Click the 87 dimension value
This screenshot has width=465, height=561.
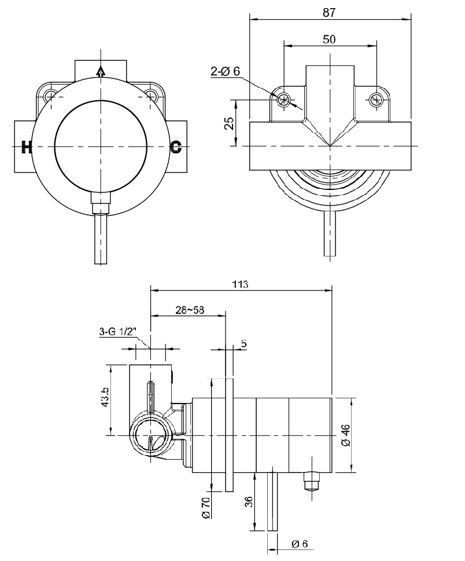329,13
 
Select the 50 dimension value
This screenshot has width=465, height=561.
329,39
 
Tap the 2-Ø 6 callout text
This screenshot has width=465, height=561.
226,71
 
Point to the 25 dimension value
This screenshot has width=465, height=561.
230,123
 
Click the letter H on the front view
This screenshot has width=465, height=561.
27,147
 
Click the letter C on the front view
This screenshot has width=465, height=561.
176,146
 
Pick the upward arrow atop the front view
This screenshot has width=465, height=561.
101,72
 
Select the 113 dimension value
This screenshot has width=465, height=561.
240,284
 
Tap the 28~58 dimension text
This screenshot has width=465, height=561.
190,310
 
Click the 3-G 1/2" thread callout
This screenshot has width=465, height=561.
119,331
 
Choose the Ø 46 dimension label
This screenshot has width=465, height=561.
346,435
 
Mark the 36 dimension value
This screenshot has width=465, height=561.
249,501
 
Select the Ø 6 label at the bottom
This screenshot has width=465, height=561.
300,544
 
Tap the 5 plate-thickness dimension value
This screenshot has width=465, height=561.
243,344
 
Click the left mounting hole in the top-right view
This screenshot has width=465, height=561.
285,99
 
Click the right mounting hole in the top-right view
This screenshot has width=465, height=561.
376,99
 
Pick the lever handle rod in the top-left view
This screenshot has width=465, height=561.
101,239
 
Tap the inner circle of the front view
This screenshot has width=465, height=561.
101,147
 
